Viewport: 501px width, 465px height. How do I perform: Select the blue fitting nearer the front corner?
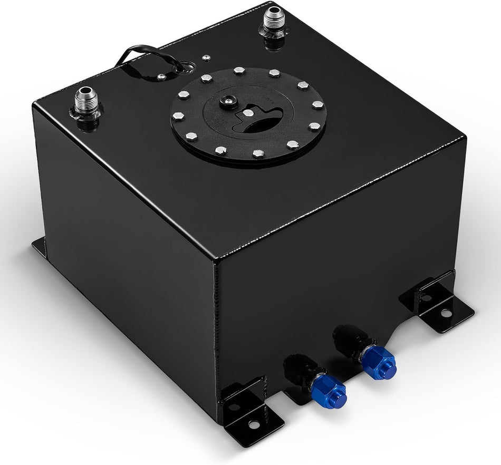coord(328,391)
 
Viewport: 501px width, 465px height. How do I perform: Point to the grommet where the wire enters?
coord(186,67)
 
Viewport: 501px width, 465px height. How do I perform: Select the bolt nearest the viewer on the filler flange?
coord(257,154)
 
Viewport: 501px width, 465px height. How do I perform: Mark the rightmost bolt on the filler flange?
coord(317,105)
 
